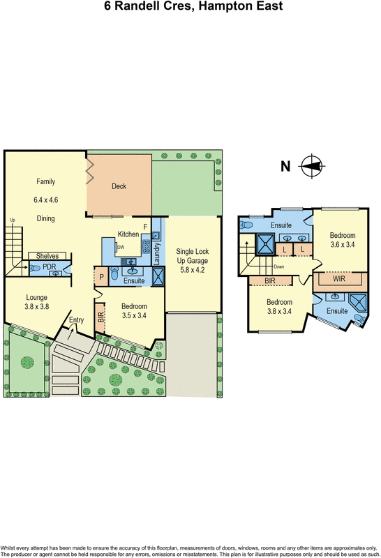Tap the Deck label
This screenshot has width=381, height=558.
tap(119, 186)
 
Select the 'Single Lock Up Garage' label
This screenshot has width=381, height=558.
tap(193, 255)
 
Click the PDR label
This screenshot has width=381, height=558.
tap(48, 266)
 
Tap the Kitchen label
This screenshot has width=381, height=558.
tap(128, 234)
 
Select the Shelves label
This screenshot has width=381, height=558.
tap(47, 255)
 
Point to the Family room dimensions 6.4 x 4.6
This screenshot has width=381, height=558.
tap(45, 199)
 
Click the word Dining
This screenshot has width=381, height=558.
tap(45, 218)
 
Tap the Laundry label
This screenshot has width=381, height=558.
tap(156, 250)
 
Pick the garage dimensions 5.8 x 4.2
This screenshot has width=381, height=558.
tap(193, 269)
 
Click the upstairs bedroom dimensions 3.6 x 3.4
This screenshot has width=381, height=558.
tap(343, 245)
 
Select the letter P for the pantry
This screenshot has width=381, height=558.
tap(102, 278)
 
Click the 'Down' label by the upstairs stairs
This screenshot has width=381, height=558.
tap(279, 266)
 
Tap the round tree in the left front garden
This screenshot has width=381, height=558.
tap(27, 362)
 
